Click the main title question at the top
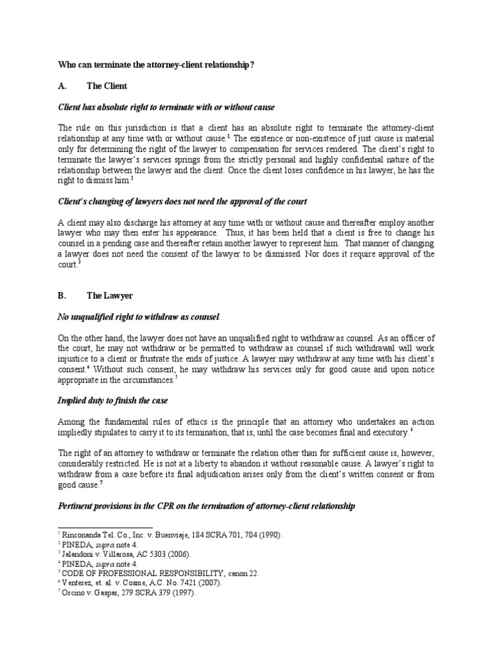tap(169, 64)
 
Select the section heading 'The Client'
tap(107, 85)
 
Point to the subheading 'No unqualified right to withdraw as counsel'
tap(139, 316)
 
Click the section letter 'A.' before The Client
tap(62, 85)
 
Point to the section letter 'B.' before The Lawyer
tap(62, 296)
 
